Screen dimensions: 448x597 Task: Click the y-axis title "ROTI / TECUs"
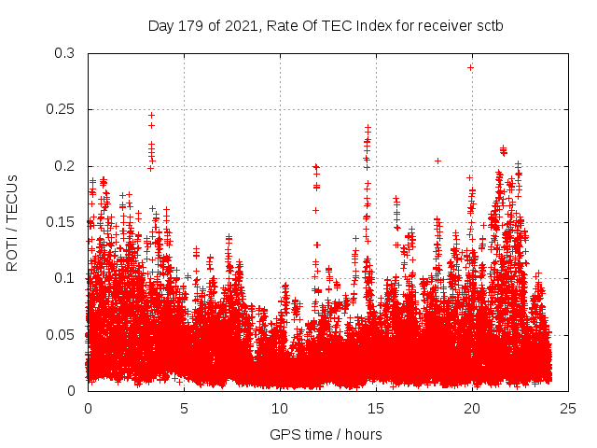pyautogui.click(x=12, y=222)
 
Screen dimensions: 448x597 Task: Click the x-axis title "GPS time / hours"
pyautogui.click(x=326, y=434)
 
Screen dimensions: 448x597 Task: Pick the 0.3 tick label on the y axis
pyautogui.click(x=64, y=54)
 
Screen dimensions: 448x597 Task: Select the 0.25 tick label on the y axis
pyautogui.click(x=61, y=110)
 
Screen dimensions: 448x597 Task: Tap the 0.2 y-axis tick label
pyautogui.click(x=64, y=166)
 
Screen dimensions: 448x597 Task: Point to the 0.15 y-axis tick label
pyautogui.click(x=61, y=222)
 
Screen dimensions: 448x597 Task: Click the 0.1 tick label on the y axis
pyautogui.click(x=64, y=278)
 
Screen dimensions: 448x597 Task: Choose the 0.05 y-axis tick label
pyautogui.click(x=61, y=334)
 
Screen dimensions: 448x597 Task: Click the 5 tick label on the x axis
pyautogui.click(x=184, y=408)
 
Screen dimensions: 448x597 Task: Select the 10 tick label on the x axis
pyautogui.click(x=280, y=408)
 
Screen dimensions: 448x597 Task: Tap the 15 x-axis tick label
pyautogui.click(x=376, y=408)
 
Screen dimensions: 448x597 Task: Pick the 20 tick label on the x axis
pyautogui.click(x=472, y=408)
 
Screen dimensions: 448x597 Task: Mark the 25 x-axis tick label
pyautogui.click(x=568, y=408)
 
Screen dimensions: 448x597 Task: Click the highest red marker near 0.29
pyautogui.click(x=470, y=67)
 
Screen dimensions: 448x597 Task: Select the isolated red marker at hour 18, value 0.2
pyautogui.click(x=437, y=161)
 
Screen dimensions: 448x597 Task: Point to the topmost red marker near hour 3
pyautogui.click(x=151, y=115)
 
